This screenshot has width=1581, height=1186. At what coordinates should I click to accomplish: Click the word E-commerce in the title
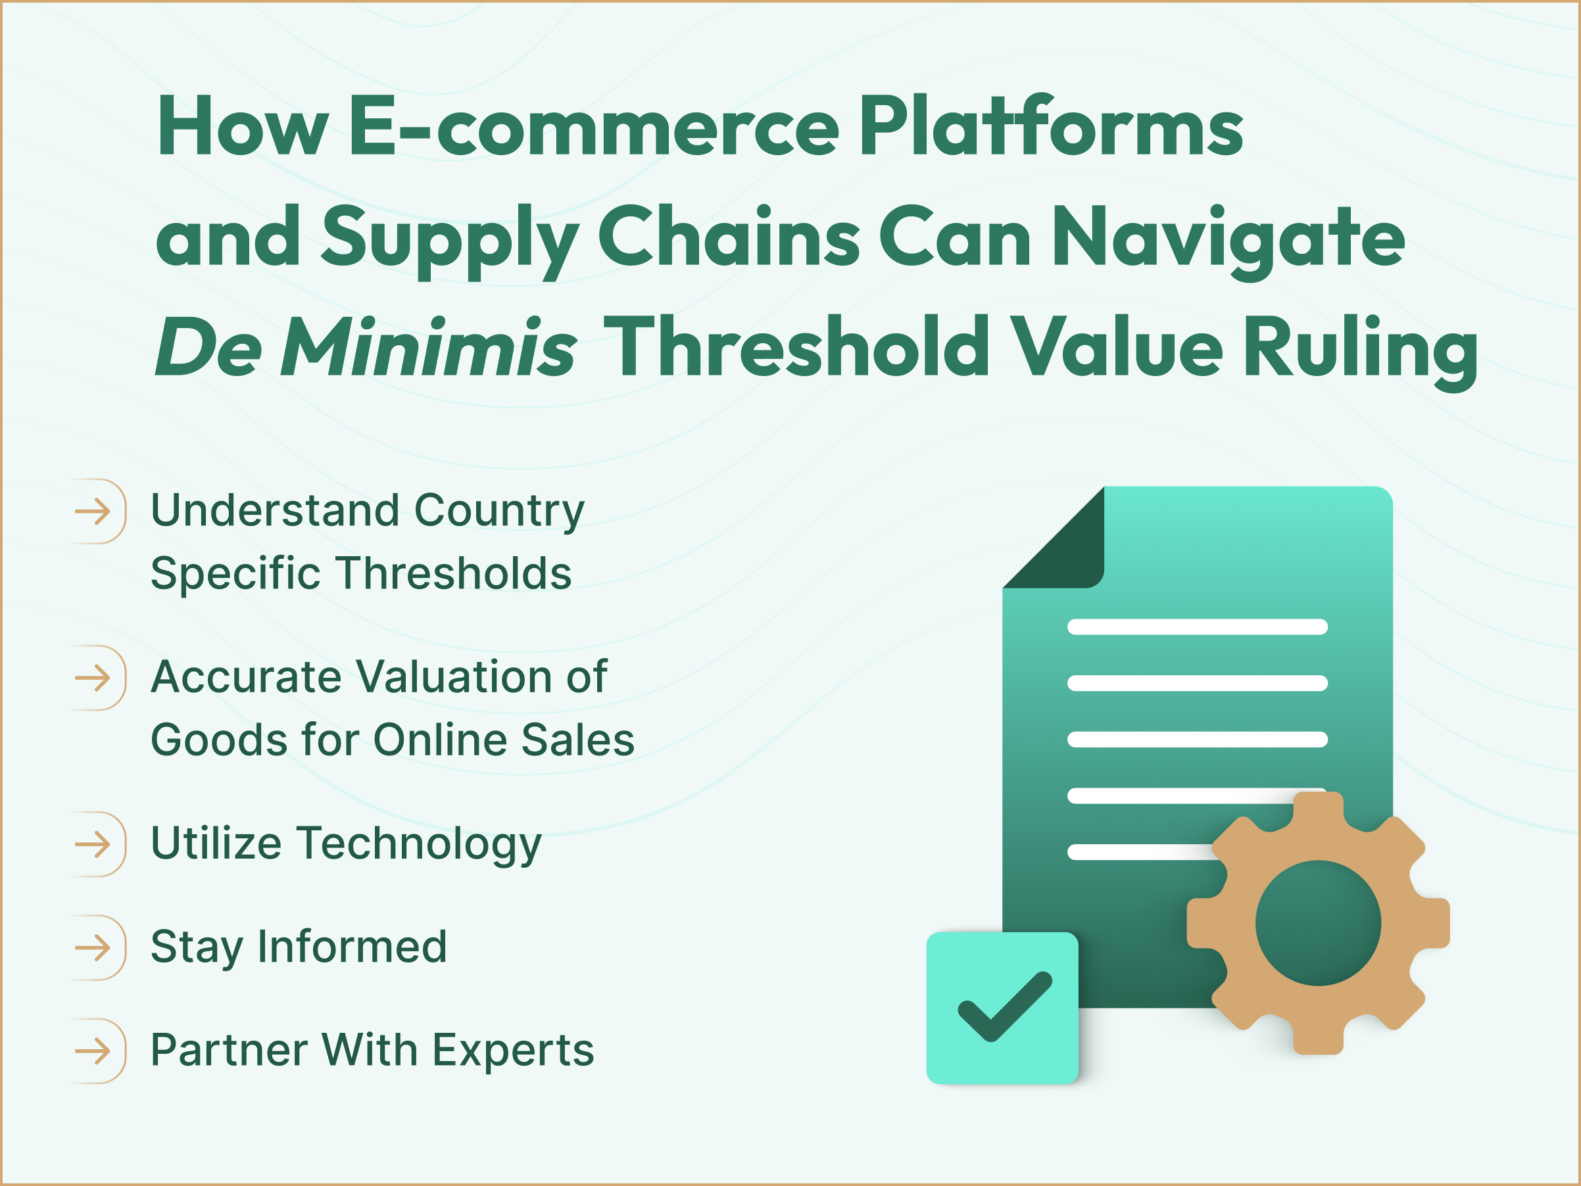pyautogui.click(x=593, y=127)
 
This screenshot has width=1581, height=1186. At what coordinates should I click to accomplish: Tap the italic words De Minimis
pyautogui.click(x=365, y=348)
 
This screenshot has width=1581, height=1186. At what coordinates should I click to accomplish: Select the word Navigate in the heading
pyautogui.click(x=1228, y=239)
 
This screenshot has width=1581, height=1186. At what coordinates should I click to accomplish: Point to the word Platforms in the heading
pyautogui.click(x=1051, y=127)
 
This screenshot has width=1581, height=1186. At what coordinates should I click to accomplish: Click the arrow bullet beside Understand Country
pyautogui.click(x=93, y=511)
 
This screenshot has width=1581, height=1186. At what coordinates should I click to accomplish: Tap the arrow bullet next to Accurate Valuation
pyautogui.click(x=93, y=677)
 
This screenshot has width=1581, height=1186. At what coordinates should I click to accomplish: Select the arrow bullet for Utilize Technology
pyautogui.click(x=93, y=845)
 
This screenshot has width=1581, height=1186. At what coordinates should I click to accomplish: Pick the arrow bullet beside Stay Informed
pyautogui.click(x=93, y=948)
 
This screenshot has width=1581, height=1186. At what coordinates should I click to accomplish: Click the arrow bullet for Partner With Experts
pyautogui.click(x=93, y=1051)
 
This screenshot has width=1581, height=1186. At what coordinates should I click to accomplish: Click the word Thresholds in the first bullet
pyautogui.click(x=454, y=573)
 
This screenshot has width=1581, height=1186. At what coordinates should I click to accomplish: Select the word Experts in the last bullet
pyautogui.click(x=513, y=1051)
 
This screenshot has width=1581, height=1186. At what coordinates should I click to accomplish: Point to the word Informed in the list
pyautogui.click(x=353, y=947)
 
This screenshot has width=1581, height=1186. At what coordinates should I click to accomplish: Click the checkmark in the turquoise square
pyautogui.click(x=1004, y=1006)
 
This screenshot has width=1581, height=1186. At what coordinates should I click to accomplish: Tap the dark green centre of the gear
pyautogui.click(x=1318, y=923)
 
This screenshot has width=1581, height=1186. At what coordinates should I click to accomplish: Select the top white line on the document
pyautogui.click(x=1197, y=627)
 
